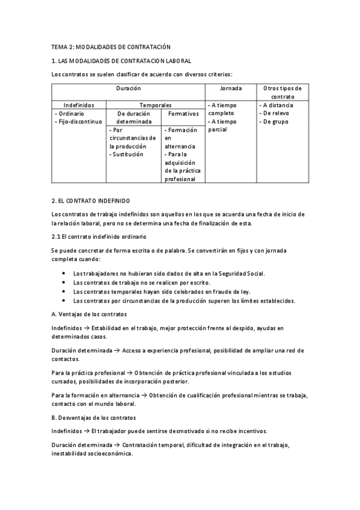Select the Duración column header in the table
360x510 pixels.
point(128,88)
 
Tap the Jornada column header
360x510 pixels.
point(231,88)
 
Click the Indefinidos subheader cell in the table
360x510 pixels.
point(79,105)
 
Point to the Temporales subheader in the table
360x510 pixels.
point(155,105)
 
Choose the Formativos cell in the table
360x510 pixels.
point(183,113)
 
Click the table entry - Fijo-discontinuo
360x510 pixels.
point(78,121)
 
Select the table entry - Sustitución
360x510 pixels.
point(127,154)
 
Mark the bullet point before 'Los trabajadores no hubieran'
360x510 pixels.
point(64,273)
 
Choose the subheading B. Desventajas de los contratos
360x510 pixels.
point(94,417)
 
